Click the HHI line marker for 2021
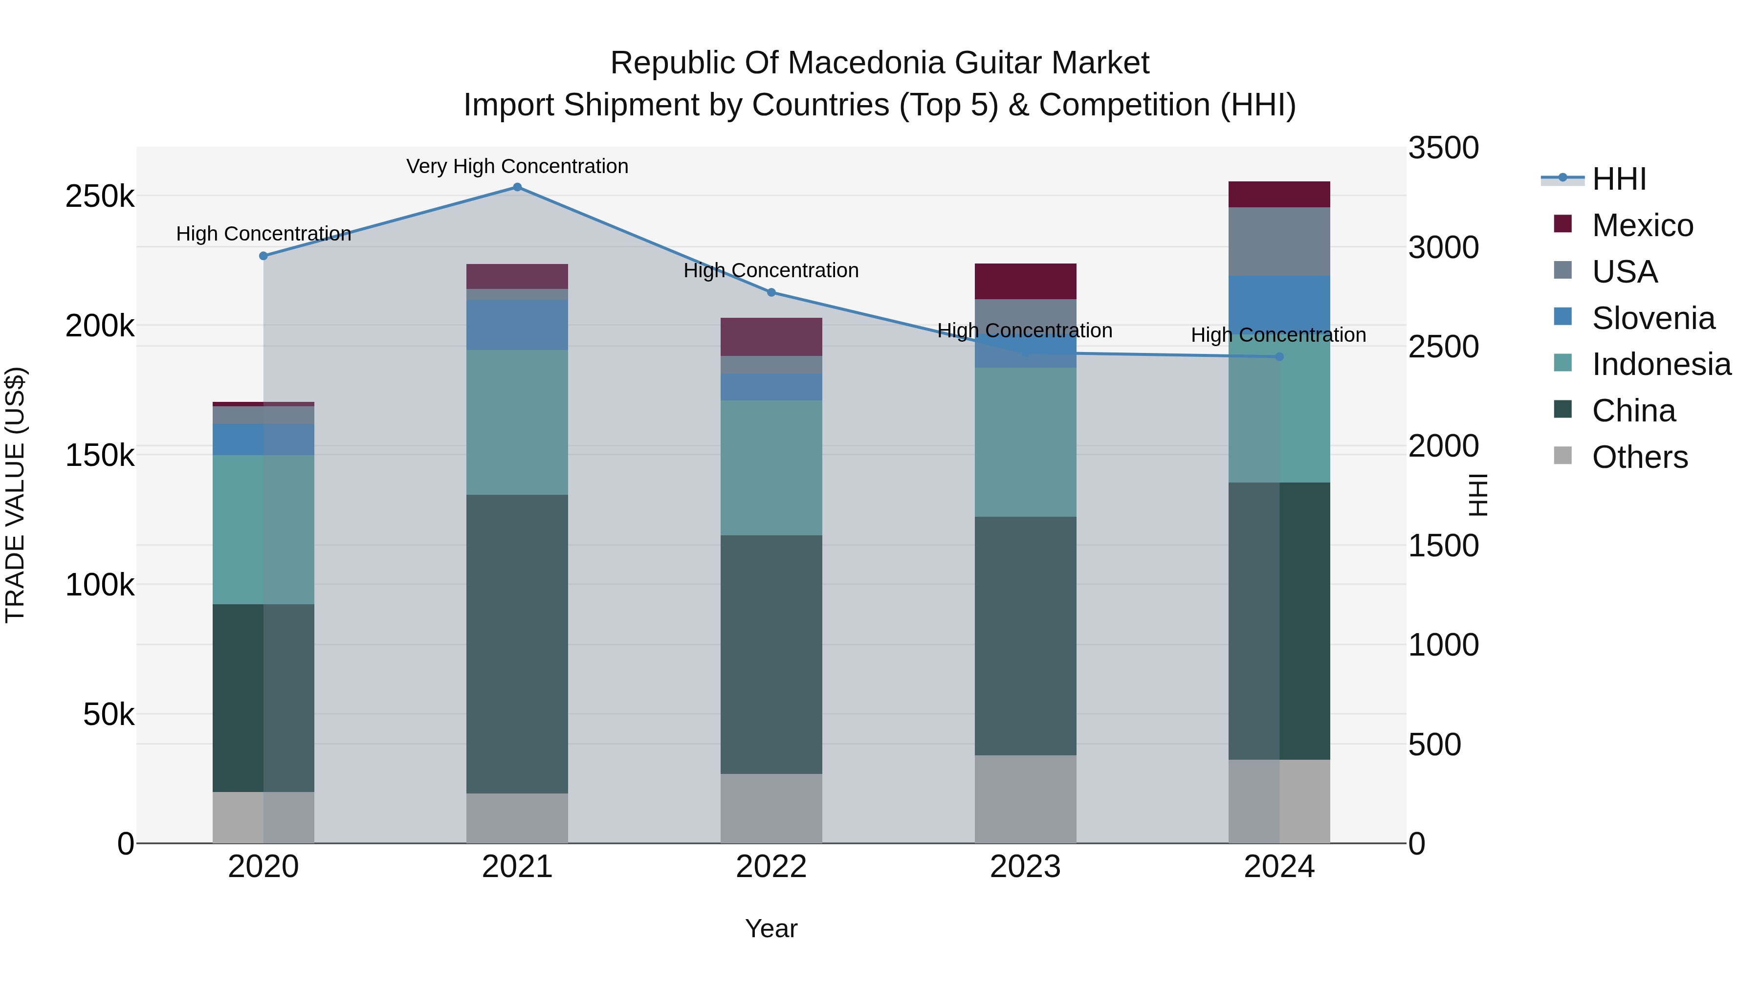pos(517,187)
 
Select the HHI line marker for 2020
pos(264,256)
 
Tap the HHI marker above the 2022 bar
pos(771,292)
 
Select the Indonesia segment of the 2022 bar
pos(771,467)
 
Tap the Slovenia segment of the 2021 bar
pos(517,325)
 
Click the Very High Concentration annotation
pos(517,166)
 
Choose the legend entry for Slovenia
pos(1653,318)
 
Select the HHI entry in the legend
pos(1619,179)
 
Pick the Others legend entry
pos(1639,457)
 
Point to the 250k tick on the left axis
pos(100,197)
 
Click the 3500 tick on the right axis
pos(1443,148)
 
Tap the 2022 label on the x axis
pos(771,867)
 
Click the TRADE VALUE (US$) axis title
pos(15,495)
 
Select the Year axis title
pos(771,928)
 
